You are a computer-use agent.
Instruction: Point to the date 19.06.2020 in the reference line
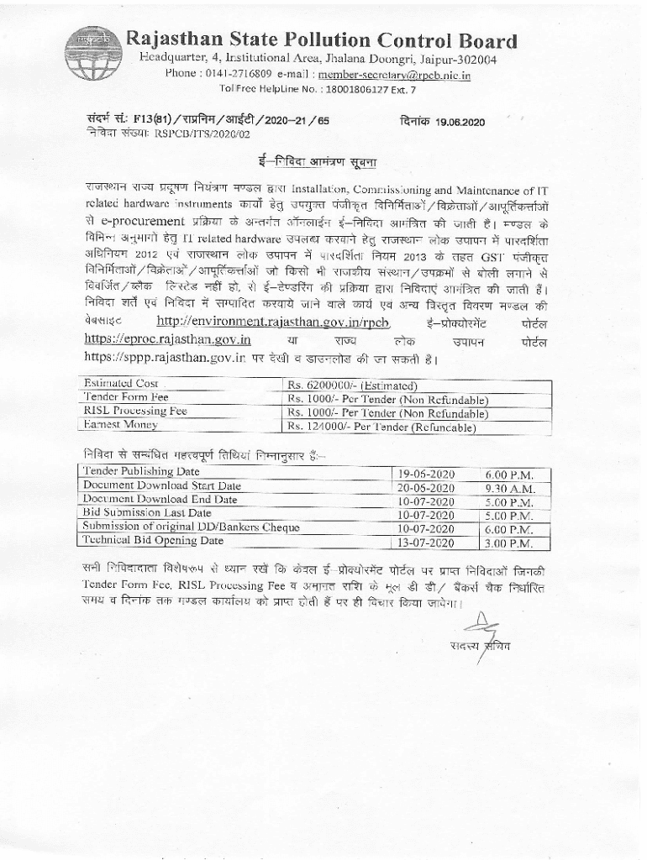coord(460,122)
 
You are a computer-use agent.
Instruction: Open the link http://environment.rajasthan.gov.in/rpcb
coord(274,322)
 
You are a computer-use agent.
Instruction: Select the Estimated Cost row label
coord(121,383)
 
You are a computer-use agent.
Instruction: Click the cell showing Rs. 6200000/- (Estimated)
coord(353,385)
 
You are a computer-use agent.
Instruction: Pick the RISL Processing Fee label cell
coord(135,412)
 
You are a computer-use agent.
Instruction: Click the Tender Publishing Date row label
coord(141,471)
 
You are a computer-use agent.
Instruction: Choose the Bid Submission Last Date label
coord(147,512)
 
